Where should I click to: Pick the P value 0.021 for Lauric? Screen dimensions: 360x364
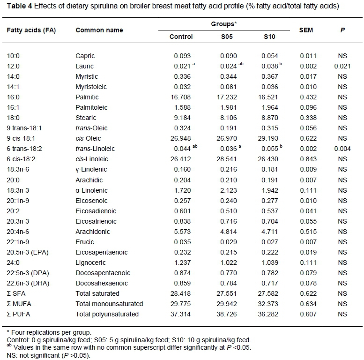pyautogui.click(x=342, y=66)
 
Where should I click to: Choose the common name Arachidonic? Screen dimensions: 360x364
pyautogui.click(x=91, y=232)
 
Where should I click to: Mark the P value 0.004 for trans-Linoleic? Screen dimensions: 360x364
pyautogui.click(x=342, y=149)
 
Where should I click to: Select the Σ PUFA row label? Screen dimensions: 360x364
pyautogui.click(x=18, y=314)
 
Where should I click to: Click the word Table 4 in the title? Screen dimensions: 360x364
pyautogui.click(x=17, y=7)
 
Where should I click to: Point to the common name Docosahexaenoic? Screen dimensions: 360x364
pyautogui.click(x=100, y=283)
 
